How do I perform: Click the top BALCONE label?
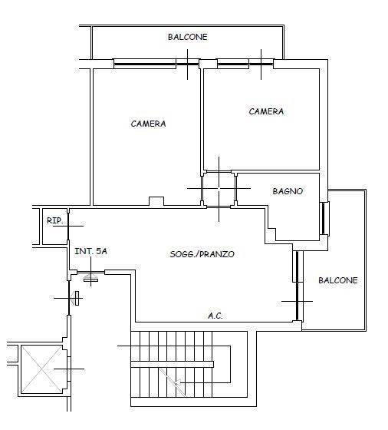pos(188,37)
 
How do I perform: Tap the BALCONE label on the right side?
pos(338,280)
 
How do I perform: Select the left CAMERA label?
pos(148,124)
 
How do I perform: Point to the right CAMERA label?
pos(266,111)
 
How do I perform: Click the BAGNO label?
pos(288,191)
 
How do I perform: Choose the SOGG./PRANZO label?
pos(202,254)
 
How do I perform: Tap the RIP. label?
pos(54,220)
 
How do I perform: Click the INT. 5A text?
pos(90,251)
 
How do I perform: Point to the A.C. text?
pos(215,316)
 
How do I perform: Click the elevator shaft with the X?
pos(41,369)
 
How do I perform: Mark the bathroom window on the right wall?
pos(324,219)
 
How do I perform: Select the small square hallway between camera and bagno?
pos(219,189)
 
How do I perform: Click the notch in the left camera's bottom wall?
pos(156,201)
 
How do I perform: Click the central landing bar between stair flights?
pos(173,364)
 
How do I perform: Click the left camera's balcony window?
pos(156,64)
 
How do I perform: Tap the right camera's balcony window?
pos(245,64)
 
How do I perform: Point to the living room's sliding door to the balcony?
pos(298,286)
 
